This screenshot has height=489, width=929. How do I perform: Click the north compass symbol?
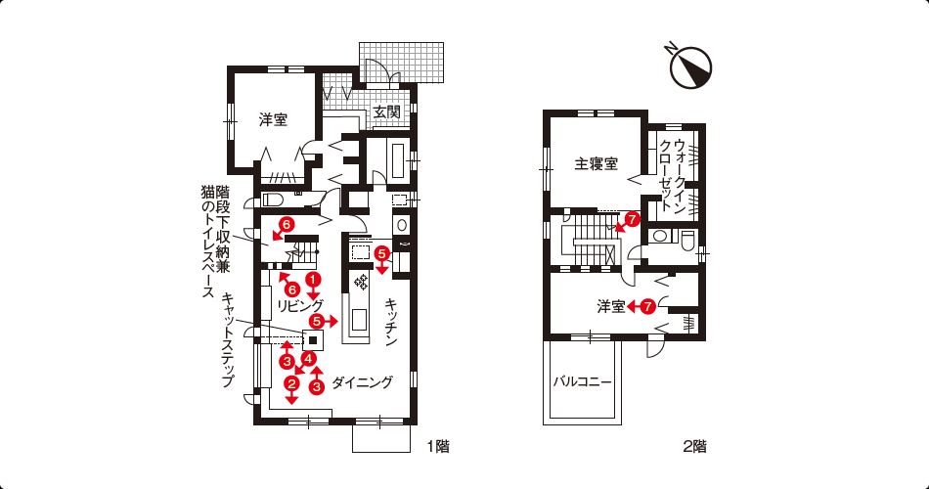[x=689, y=67]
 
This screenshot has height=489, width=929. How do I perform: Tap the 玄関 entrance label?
[x=387, y=112]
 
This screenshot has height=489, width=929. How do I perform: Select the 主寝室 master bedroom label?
[x=597, y=163]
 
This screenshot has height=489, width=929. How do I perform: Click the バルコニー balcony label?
[x=582, y=381]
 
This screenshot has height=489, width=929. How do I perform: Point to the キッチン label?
[x=391, y=322]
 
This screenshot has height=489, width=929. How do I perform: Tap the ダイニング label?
[x=362, y=382]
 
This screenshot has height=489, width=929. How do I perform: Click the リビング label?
[x=300, y=306]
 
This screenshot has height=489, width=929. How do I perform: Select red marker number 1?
[x=313, y=278]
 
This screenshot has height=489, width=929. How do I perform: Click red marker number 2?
[x=290, y=383]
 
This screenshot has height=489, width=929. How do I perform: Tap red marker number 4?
[x=308, y=358]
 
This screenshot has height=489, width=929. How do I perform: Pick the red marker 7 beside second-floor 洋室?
[x=647, y=306]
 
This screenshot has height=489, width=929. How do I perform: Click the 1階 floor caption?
[x=438, y=446]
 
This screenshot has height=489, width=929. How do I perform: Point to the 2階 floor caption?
[x=694, y=446]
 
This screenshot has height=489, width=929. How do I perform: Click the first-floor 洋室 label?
[x=273, y=119]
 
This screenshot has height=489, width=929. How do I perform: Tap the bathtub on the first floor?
[x=398, y=160]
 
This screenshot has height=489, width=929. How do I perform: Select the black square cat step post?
[x=313, y=340]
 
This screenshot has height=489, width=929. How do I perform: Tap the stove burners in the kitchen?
[x=360, y=282]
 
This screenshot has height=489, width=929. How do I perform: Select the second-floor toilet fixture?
[x=687, y=239]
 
